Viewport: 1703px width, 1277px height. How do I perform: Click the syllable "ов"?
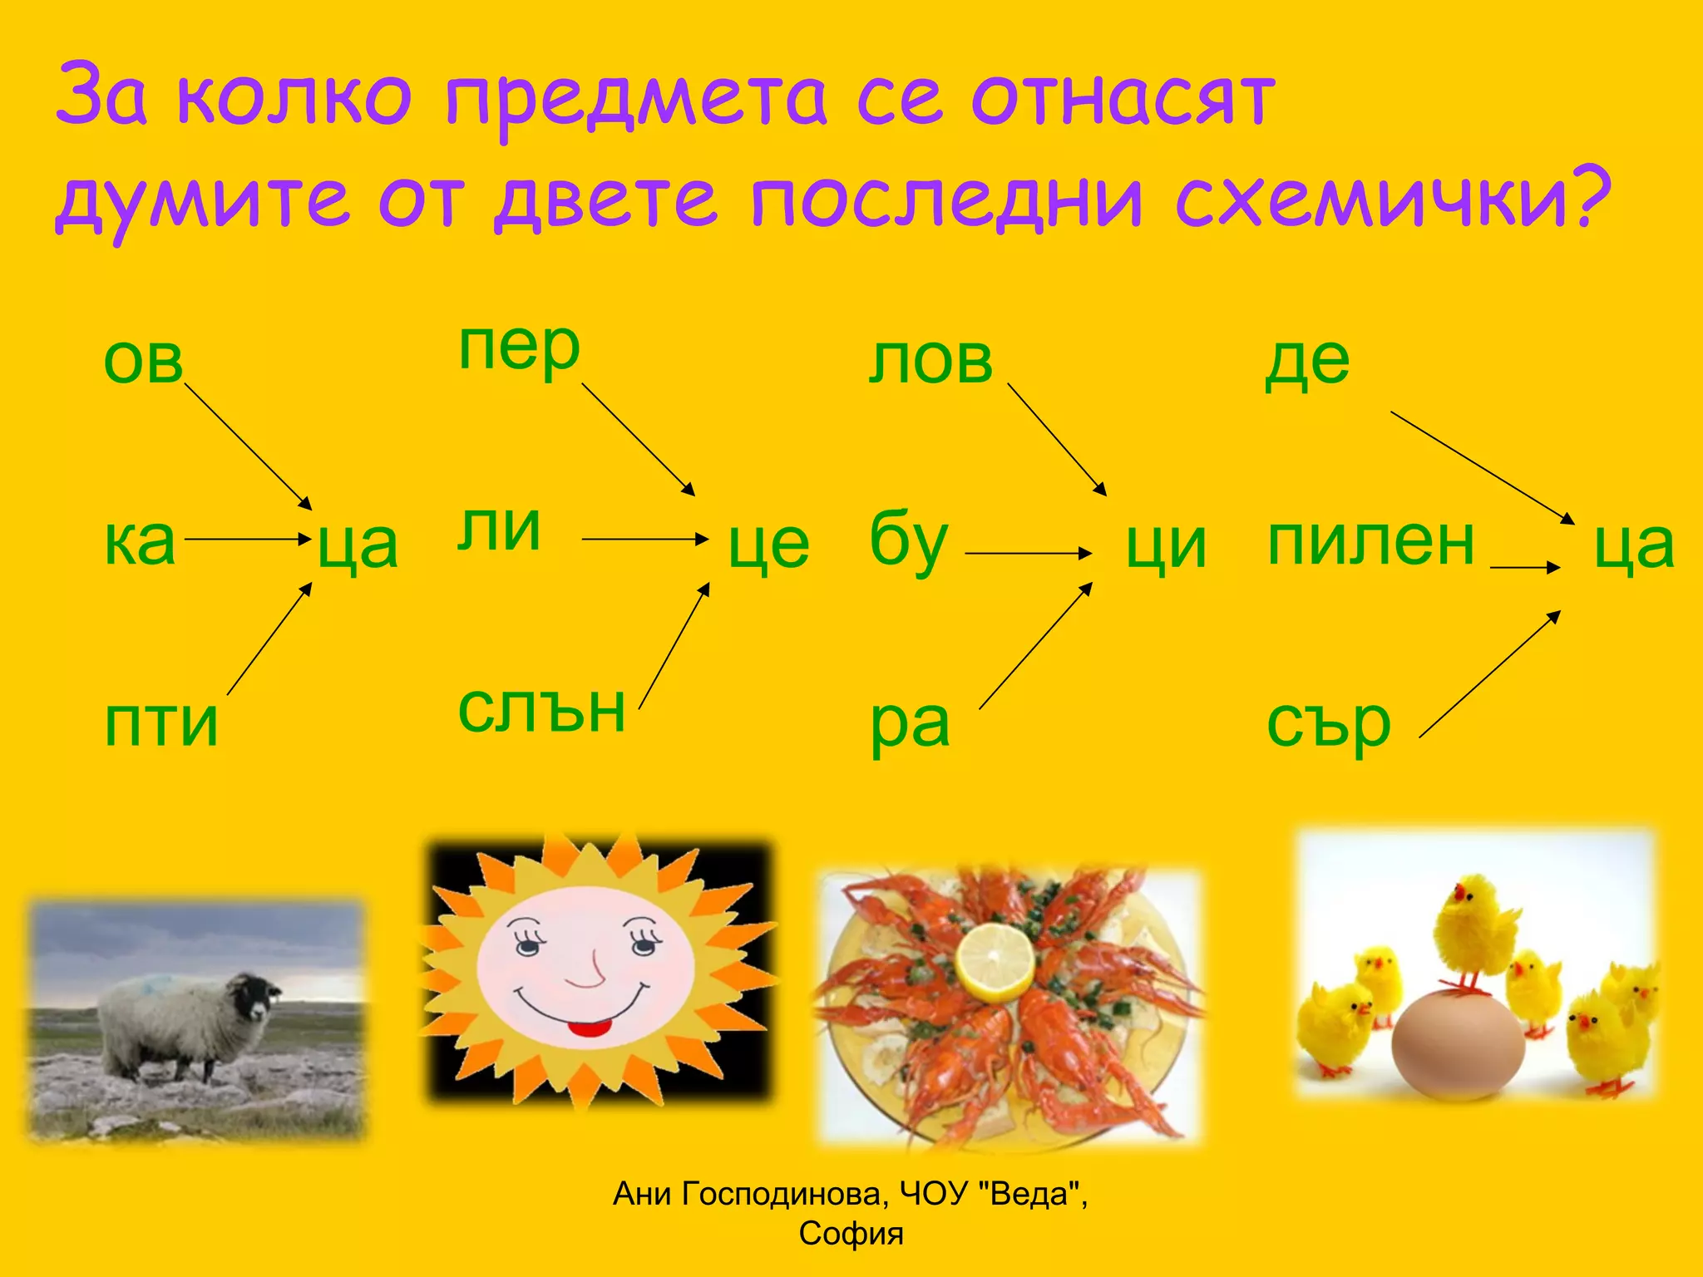pyautogui.click(x=143, y=362)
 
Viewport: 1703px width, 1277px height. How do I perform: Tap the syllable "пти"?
pyautogui.click(x=161, y=723)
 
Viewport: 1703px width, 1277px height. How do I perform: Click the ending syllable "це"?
pyautogui.click(x=768, y=545)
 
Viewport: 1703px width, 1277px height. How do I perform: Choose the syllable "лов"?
pyautogui.click(x=930, y=362)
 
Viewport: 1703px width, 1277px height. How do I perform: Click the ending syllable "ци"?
pyautogui.click(x=1166, y=546)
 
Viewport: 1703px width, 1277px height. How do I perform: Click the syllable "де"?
pyautogui.click(x=1307, y=362)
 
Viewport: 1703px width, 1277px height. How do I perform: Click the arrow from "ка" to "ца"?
pyautogui.click(x=247, y=540)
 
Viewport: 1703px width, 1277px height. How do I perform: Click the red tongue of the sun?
pyautogui.click(x=588, y=1028)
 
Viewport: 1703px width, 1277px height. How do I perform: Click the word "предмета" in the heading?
pyautogui.click(x=635, y=98)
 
